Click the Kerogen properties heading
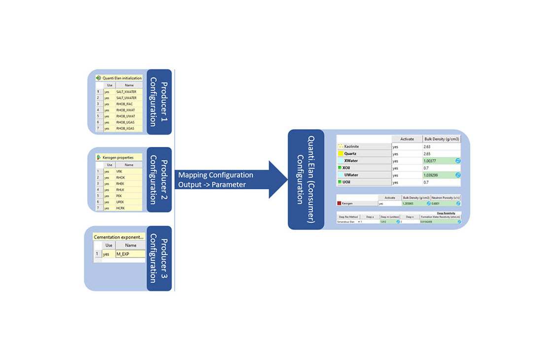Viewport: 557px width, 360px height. click(x=118, y=157)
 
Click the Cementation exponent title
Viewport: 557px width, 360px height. click(x=119, y=237)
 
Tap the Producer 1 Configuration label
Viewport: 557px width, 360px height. click(x=159, y=102)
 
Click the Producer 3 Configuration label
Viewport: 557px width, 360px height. click(x=159, y=258)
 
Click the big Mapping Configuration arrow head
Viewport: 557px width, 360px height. click(x=278, y=180)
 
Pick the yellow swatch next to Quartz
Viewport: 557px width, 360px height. click(x=340, y=154)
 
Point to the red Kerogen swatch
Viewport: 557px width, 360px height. click(x=339, y=203)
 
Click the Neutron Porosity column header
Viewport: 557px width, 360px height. click(x=446, y=197)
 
